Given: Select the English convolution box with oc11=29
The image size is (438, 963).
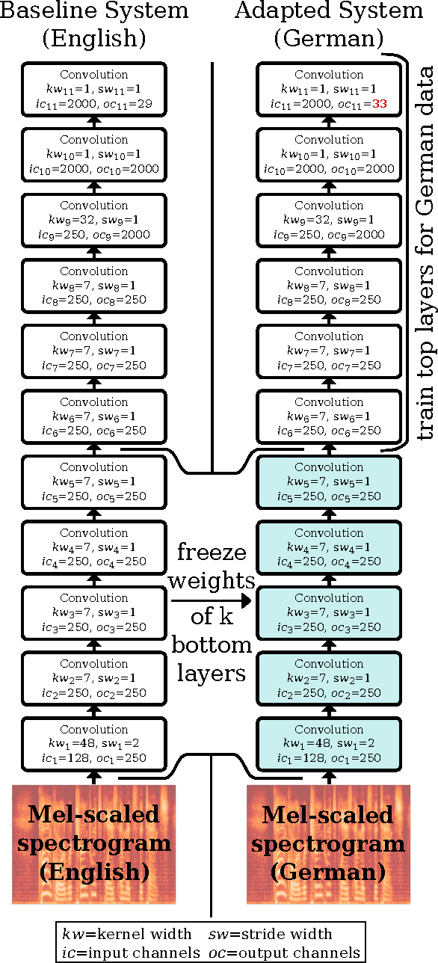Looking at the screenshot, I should coord(94,90).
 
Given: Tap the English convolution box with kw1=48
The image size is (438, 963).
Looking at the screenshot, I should coord(94,744).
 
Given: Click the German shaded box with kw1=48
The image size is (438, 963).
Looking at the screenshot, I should coord(329,744).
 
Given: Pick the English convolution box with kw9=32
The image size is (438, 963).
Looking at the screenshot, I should coord(94,221).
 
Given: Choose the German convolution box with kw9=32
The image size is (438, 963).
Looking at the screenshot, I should coord(329,221).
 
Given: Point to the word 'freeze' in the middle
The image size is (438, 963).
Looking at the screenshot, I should coord(212,554).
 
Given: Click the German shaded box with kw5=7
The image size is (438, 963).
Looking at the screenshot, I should coord(329,482).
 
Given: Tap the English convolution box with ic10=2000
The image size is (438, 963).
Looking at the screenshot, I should coord(94,155).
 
